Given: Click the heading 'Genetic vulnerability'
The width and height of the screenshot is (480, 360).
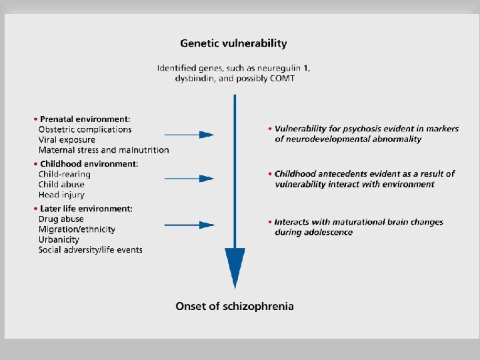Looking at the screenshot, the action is (233, 43).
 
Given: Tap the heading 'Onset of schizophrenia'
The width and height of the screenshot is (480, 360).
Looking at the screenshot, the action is (235, 306).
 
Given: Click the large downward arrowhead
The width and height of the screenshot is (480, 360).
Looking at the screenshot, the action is (235, 267).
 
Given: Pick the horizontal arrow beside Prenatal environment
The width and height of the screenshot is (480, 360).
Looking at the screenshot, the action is (188, 135).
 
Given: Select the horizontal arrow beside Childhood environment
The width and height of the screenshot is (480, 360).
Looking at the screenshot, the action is (188, 179).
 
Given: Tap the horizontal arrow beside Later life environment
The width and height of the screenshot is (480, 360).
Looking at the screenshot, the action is (188, 224).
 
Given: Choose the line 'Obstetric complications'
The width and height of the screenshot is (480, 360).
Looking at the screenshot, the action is (85, 129).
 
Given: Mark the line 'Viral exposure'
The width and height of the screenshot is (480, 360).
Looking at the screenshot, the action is (67, 140).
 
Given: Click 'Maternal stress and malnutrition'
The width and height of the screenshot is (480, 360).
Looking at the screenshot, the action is (104, 151).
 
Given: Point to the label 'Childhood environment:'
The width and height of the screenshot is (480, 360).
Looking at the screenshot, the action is (89, 163).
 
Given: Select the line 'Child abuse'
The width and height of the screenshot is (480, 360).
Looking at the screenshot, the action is (62, 185).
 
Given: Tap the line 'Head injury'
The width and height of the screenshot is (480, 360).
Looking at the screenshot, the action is (62, 195).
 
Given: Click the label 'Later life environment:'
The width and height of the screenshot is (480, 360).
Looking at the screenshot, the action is (87, 209).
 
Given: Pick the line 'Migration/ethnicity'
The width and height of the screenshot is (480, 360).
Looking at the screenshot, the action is (77, 229).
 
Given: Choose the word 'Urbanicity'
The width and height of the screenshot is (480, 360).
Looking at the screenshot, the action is (59, 239).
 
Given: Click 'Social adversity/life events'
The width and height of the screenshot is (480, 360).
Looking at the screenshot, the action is (91, 250).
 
